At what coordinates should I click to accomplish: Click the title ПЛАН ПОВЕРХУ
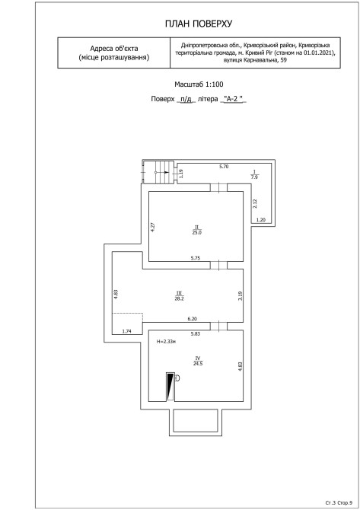199,24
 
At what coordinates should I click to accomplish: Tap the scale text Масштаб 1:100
199,84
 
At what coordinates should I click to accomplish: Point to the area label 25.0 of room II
197,233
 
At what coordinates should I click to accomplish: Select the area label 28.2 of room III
179,298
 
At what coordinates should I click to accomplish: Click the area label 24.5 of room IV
198,364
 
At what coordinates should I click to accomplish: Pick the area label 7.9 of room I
255,177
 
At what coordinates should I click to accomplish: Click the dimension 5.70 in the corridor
224,167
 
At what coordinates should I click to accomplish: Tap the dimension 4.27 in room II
152,227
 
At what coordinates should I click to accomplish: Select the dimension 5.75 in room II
195,258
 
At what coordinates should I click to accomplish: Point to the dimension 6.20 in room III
193,319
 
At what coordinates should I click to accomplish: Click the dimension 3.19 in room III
240,295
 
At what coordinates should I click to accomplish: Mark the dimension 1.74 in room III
126,331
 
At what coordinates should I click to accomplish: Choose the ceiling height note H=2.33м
166,342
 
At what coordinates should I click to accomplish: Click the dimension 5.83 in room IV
196,333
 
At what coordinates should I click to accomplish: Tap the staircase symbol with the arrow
159,172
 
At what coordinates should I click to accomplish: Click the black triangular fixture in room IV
170,387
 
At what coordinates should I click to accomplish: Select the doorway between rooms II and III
218,265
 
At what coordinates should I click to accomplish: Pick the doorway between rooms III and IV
218,326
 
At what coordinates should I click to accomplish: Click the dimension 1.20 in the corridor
261,220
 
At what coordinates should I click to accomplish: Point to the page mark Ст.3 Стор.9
339,502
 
